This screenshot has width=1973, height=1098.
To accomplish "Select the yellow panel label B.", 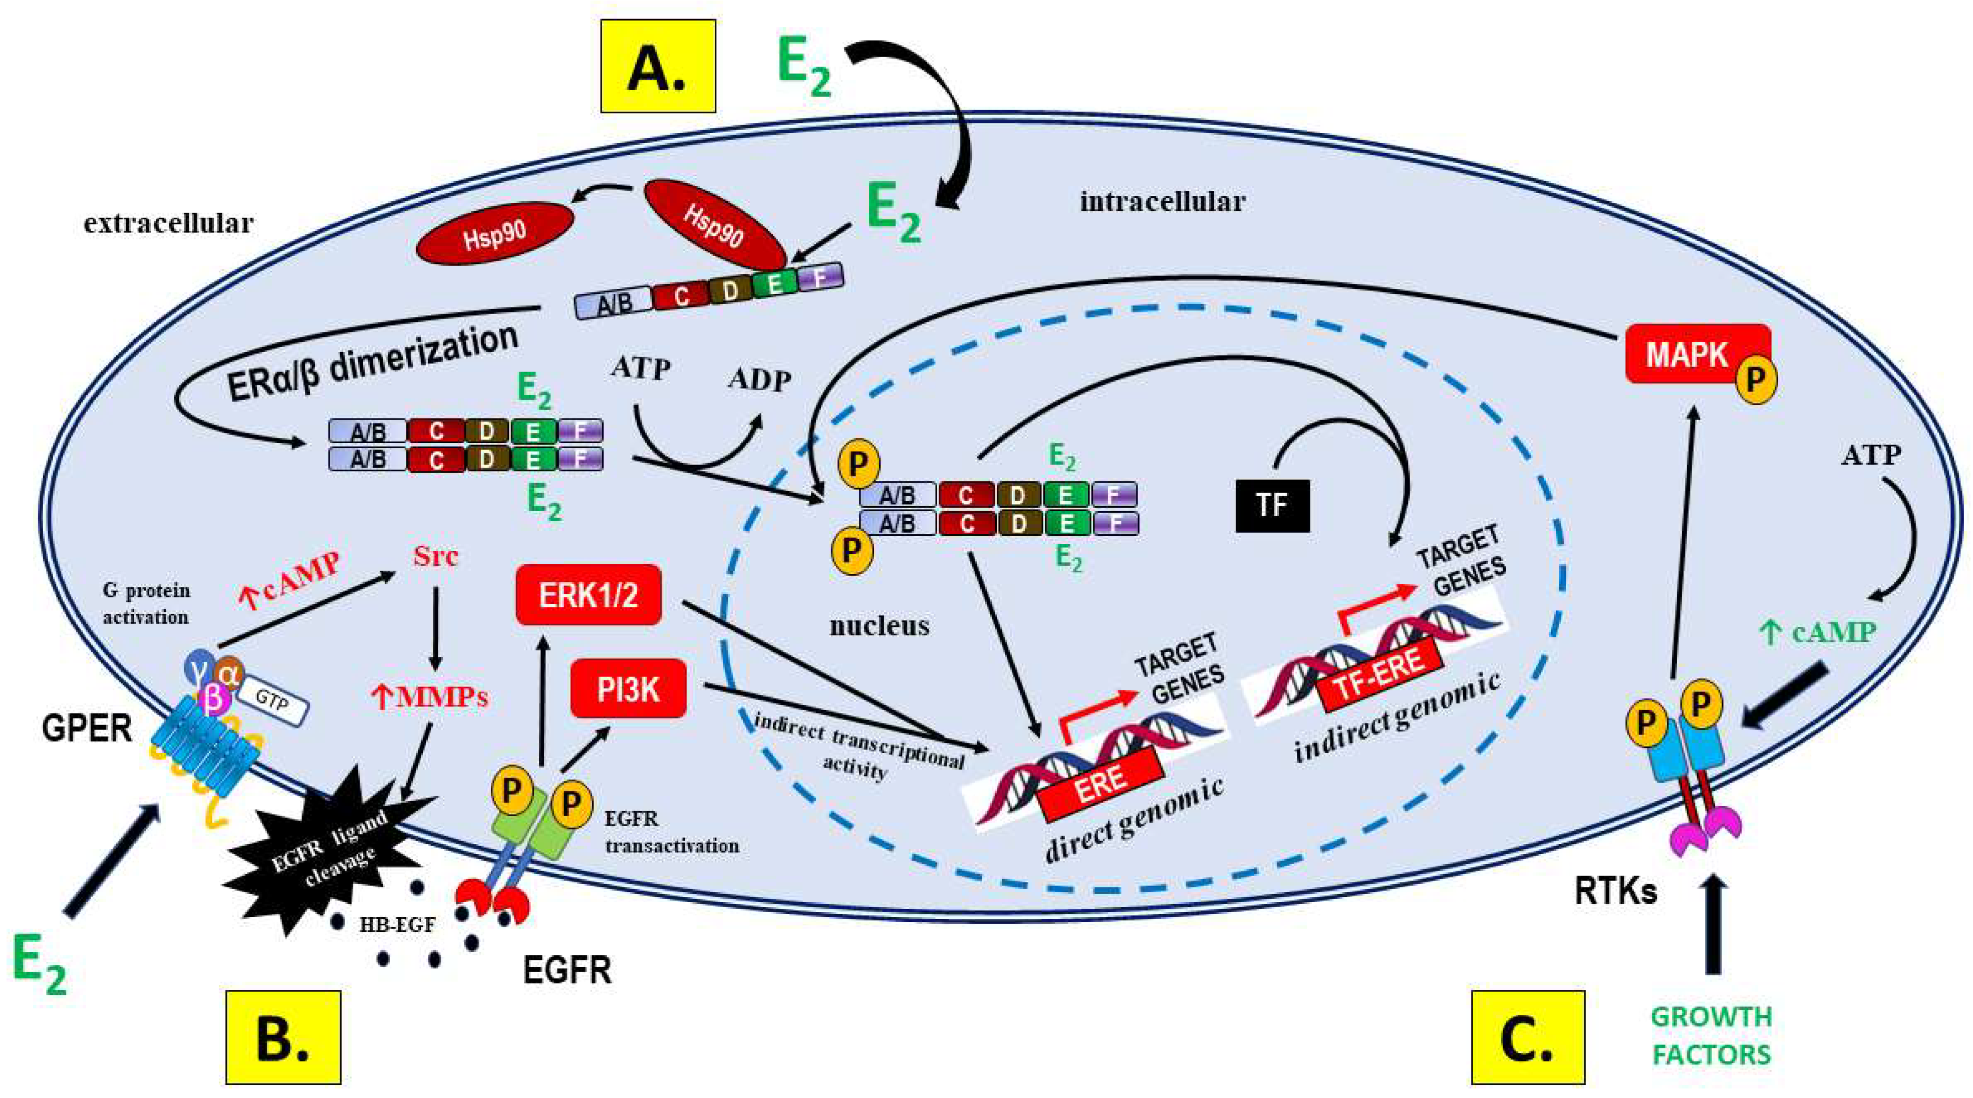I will tap(283, 1037).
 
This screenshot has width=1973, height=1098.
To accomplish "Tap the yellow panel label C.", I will tap(1527, 1037).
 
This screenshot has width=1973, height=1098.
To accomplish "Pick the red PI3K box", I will tap(628, 688).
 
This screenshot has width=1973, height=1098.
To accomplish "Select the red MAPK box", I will tap(1688, 354).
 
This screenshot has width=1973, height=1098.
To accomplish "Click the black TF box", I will tap(1272, 505).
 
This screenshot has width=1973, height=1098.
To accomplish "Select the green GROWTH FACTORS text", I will tap(1711, 1035).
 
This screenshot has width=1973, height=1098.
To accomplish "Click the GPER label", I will tap(87, 728).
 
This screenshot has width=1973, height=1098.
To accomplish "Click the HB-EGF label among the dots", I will tap(398, 924).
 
